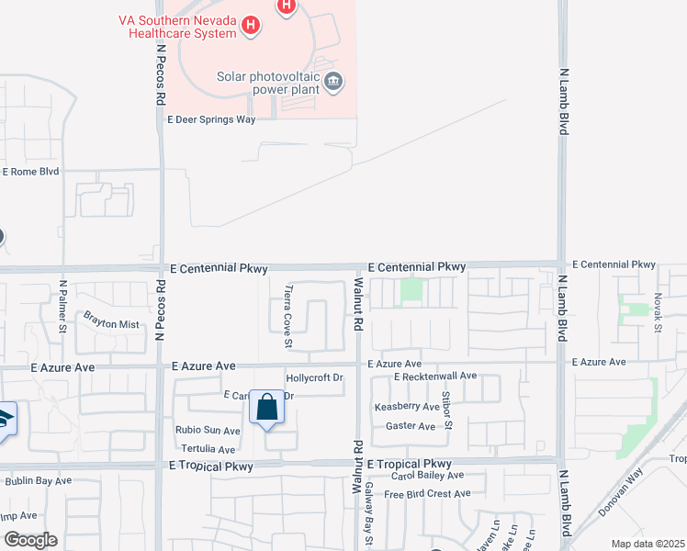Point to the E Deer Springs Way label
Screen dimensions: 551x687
point(210,118)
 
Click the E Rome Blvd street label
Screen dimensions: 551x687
point(30,172)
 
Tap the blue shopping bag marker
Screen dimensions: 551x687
point(266,408)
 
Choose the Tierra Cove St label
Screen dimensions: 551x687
point(288,317)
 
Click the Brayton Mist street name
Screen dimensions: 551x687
point(111,324)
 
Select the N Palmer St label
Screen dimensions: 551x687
point(63,308)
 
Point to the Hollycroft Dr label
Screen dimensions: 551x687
point(314,377)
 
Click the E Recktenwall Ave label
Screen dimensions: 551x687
point(435,377)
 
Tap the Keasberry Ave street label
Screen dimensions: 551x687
point(407,406)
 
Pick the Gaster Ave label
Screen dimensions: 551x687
point(411,426)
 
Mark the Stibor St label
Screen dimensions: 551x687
point(447,410)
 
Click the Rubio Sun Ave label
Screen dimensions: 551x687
point(208,430)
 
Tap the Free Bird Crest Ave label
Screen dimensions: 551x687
point(427,494)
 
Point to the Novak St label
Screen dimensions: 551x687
point(659,313)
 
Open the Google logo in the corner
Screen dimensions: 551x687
point(29,540)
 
